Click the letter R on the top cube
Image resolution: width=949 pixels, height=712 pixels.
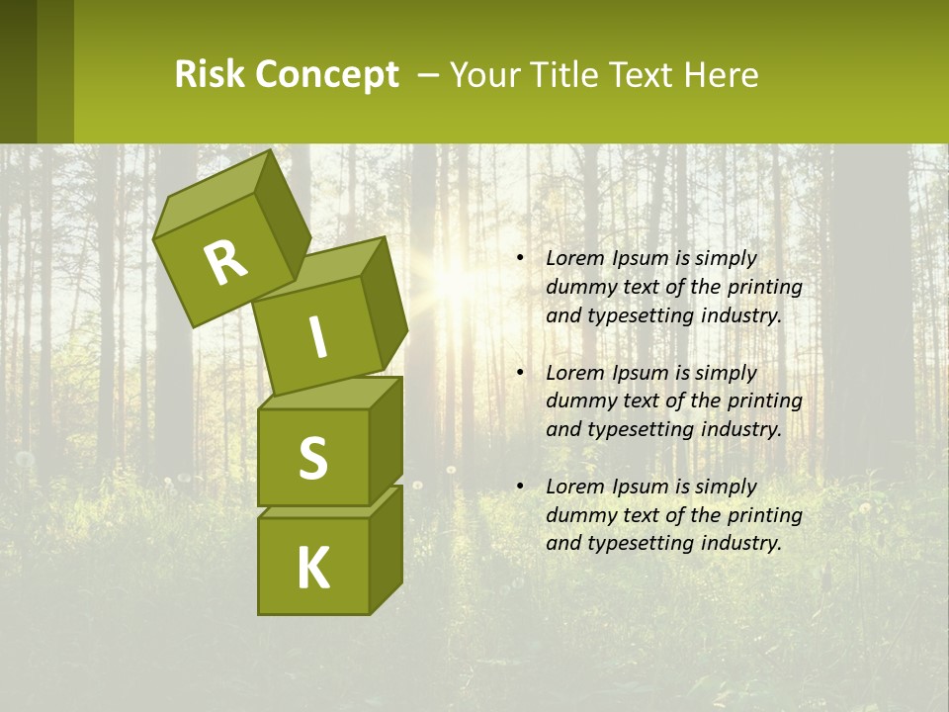tap(225, 263)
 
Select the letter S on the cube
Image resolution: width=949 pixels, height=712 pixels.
tap(312, 458)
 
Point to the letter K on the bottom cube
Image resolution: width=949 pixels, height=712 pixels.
tap(312, 569)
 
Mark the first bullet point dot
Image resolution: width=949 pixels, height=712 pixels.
tap(519, 258)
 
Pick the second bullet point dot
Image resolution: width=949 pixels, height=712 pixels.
tap(519, 373)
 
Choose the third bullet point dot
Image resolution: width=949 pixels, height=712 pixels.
tap(519, 487)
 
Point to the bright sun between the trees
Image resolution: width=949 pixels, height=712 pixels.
tap(457, 282)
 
